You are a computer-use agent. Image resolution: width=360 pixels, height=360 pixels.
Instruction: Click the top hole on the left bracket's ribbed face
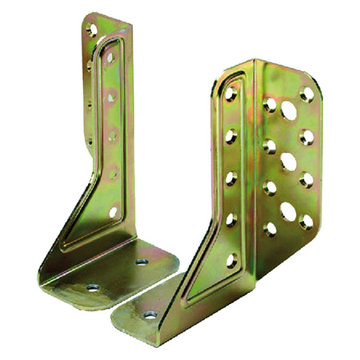click(110, 58)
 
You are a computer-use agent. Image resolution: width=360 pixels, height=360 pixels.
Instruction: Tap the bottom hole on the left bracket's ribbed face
click(112, 212)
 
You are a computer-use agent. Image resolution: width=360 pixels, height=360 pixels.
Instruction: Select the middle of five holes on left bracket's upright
click(111, 134)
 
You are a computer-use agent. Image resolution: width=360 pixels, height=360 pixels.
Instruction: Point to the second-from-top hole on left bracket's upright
click(110, 96)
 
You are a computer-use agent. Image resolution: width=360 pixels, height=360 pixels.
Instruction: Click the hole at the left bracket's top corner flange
click(91, 30)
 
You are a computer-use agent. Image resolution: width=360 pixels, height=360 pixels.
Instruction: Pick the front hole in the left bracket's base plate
click(92, 286)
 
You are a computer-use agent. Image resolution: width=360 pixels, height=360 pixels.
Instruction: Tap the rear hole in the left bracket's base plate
click(142, 262)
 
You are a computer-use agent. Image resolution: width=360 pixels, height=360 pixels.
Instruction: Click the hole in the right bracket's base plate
click(150, 314)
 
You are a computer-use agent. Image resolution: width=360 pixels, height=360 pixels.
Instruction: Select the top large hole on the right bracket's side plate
click(288, 110)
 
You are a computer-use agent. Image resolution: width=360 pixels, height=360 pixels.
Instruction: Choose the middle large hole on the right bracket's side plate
click(288, 162)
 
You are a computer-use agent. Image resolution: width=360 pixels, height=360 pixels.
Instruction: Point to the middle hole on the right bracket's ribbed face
click(230, 178)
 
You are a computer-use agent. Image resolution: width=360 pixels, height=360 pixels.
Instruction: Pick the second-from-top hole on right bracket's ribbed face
click(230, 136)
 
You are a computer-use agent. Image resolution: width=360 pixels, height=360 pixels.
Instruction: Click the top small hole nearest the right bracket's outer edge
click(306, 94)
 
